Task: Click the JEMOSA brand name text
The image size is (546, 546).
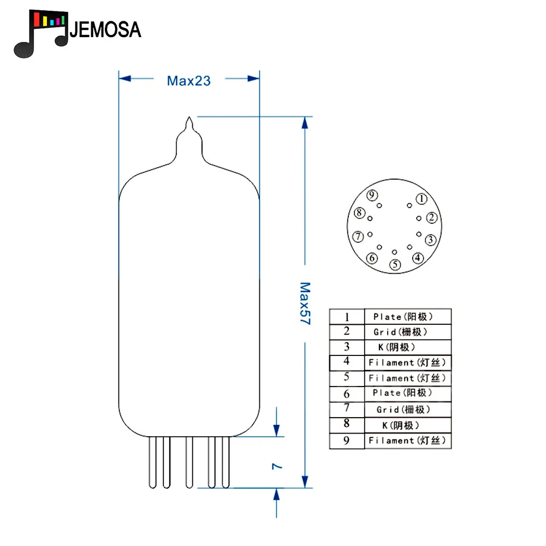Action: [x=105, y=29]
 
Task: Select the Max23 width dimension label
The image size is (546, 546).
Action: [x=189, y=81]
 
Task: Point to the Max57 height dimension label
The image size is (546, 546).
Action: [x=305, y=303]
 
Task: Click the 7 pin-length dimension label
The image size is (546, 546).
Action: [x=277, y=466]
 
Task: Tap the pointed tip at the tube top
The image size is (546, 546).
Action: [x=189, y=117]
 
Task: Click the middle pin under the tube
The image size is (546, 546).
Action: [x=189, y=462]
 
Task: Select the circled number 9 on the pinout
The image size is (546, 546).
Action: [x=372, y=195]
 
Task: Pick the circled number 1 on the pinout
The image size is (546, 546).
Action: [x=422, y=199]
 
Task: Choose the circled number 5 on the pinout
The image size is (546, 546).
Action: [x=395, y=265]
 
